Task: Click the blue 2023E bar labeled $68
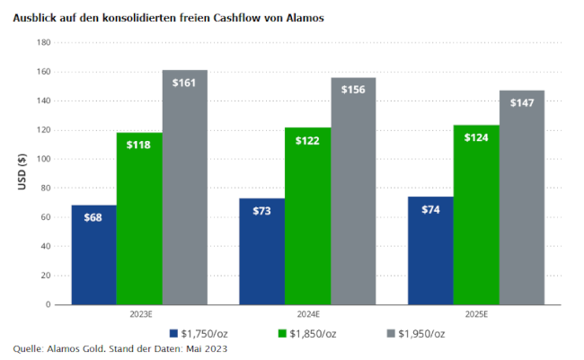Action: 94,255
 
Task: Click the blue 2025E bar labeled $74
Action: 430,250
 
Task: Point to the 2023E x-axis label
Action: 139,315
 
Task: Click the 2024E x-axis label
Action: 307,315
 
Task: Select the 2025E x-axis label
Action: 476,315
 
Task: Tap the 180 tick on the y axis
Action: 43,42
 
